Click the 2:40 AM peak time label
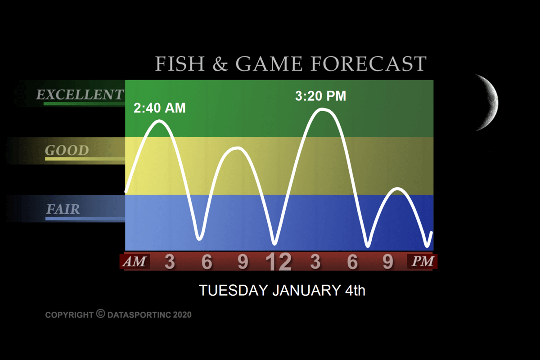pos(160,108)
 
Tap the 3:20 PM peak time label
pos(320,96)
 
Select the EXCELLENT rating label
pos(80,94)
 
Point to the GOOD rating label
pos(67,150)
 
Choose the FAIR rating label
pos(63,209)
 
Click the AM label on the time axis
pos(135,261)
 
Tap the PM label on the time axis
pos(423,261)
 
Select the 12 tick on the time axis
pos(279,261)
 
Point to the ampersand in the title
pos(220,63)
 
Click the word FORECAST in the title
pos(369,63)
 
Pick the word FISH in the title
pos(180,63)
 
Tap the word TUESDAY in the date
pos(234,290)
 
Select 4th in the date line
pos(355,290)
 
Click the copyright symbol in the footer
pos(100,314)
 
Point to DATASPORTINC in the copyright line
pos(139,315)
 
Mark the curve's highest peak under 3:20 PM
pos(322,110)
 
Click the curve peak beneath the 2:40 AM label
pos(159,121)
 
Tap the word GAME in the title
pos(269,63)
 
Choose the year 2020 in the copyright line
pos(182,315)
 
